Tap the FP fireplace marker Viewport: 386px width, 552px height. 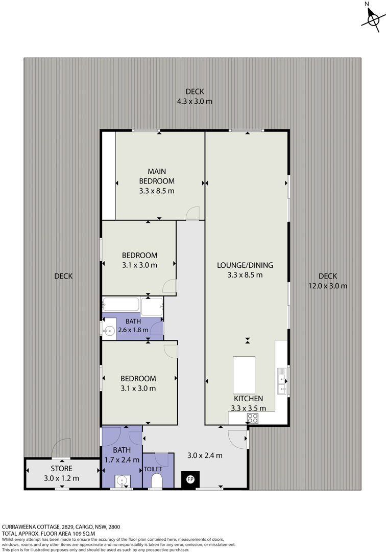(x=190, y=479)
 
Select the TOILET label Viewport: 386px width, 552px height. (x=153, y=469)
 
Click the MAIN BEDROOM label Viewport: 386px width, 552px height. (x=157, y=176)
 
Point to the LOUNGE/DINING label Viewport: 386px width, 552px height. (x=245, y=265)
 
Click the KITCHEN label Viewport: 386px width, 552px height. (x=249, y=399)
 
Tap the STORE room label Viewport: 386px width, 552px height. (x=61, y=469)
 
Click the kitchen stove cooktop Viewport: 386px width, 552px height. (x=253, y=418)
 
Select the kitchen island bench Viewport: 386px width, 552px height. (x=244, y=375)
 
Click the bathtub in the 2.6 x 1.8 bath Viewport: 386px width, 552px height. (x=121, y=304)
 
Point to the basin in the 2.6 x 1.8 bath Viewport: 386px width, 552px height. (x=109, y=331)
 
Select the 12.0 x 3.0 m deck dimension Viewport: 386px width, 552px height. (x=328, y=286)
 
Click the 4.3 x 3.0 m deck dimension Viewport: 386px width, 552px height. (x=195, y=101)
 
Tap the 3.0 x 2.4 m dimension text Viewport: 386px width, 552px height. (x=205, y=455)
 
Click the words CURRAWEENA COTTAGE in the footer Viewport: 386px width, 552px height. (x=31, y=526)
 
